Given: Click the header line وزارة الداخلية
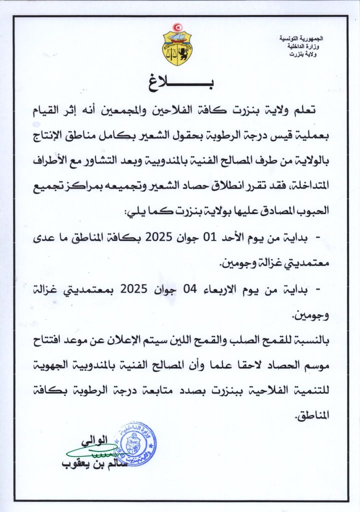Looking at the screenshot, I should tap(306, 46).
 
